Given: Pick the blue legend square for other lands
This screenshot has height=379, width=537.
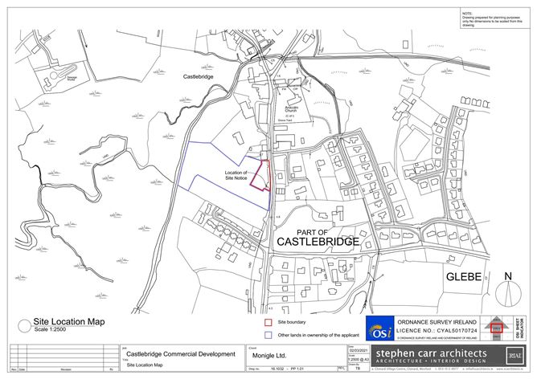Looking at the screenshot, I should coord(270,335).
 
